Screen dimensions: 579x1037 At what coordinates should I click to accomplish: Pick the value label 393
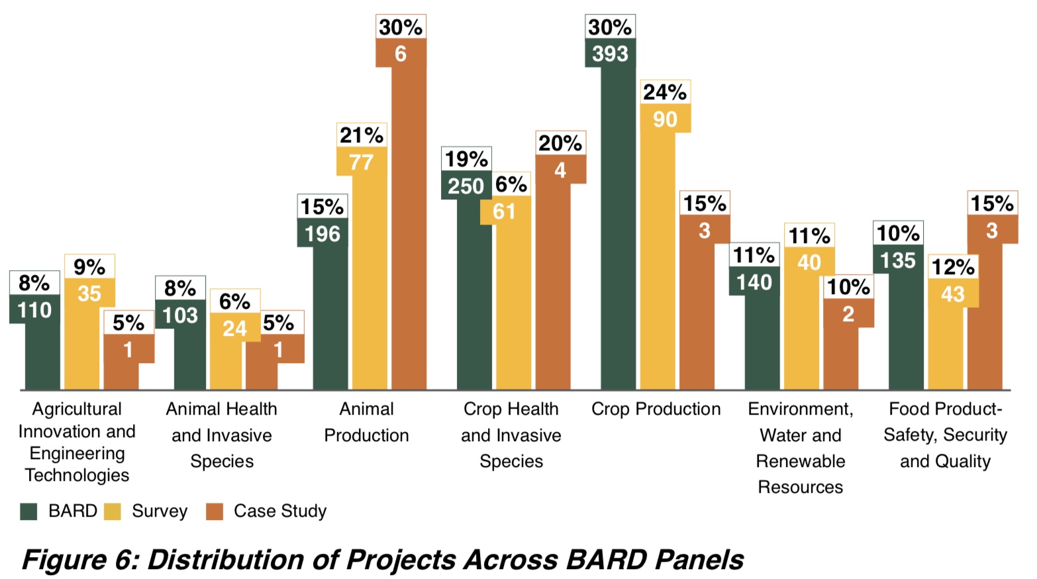[610, 53]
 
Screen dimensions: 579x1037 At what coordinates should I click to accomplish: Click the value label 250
[466, 186]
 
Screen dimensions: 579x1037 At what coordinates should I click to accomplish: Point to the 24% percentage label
[665, 92]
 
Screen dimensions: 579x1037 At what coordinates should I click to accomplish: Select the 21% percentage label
[361, 135]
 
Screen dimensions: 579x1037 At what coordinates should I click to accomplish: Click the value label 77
[361, 162]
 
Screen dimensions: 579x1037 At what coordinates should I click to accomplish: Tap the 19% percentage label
[466, 159]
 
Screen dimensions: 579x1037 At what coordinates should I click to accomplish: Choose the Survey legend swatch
[113, 511]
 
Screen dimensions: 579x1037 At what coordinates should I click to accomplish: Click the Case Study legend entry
[279, 511]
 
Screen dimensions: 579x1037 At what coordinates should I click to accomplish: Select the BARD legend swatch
[28, 511]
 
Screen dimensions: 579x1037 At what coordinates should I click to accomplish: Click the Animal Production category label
[366, 422]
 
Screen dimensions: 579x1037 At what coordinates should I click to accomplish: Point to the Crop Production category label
[656, 409]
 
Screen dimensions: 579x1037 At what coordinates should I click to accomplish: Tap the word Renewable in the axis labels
[800, 461]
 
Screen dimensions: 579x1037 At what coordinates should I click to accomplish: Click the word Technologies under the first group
[77, 475]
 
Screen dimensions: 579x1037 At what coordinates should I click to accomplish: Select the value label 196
[322, 234]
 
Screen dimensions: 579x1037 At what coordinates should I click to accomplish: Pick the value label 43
[953, 294]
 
